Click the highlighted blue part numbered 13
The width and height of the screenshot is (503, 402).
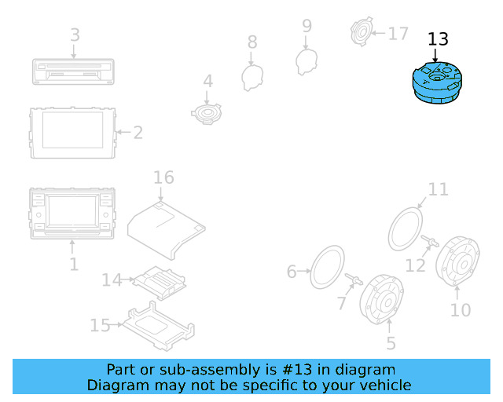[438, 82]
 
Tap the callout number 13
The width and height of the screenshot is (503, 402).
[438, 39]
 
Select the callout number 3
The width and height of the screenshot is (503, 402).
[75, 35]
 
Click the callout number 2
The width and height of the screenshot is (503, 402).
[138, 133]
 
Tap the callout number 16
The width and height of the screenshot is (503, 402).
[163, 177]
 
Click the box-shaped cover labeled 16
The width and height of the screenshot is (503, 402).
[167, 228]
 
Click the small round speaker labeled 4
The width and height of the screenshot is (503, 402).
[207, 113]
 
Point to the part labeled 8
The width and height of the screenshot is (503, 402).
[251, 76]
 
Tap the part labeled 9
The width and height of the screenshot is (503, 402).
[306, 61]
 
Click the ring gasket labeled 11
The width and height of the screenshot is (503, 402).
[406, 228]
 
